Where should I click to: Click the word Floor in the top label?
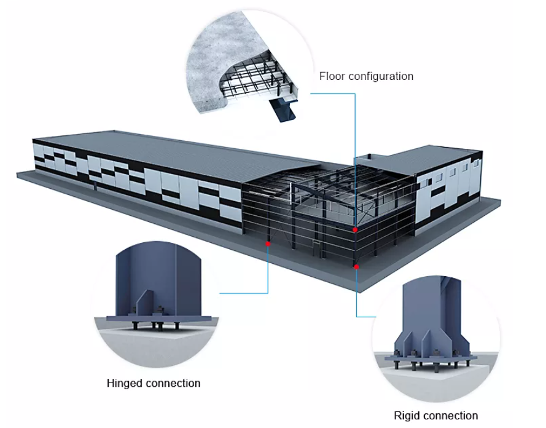coord(332,76)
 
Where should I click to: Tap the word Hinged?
coord(127,383)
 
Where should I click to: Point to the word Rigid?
coord(407,416)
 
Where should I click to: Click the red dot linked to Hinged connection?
coord(267,244)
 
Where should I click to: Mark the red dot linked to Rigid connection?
coord(356,266)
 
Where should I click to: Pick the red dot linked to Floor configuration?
coord(354,230)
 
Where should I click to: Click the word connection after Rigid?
coord(451,416)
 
